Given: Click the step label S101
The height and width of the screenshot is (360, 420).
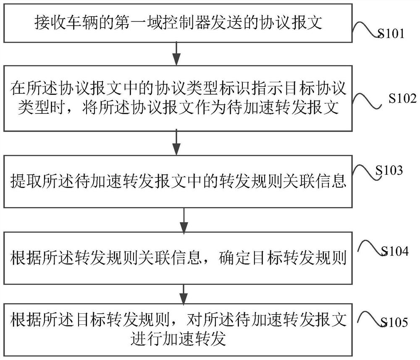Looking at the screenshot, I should point(390,34).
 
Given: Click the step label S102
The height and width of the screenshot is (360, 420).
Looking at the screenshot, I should point(402,99).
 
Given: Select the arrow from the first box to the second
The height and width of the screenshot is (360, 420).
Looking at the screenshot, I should point(177,53).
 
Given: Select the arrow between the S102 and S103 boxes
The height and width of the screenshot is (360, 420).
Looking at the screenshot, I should point(177,142).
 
